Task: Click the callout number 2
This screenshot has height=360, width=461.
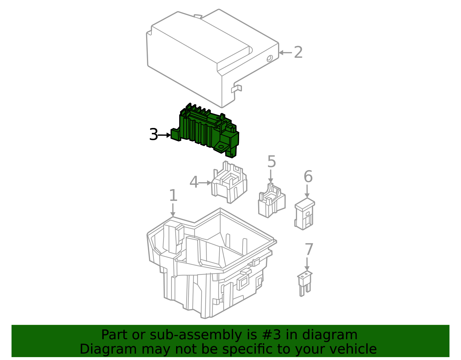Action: tap(298, 52)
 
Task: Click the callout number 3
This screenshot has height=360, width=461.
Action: tap(154, 135)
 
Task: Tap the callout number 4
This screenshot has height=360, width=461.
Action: tap(194, 182)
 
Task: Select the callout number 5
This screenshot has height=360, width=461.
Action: tap(271, 161)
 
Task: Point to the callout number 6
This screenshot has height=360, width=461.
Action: tap(308, 176)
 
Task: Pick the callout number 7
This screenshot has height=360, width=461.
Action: tap(309, 249)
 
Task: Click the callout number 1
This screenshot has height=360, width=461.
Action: tap(173, 195)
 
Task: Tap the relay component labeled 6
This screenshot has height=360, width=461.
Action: tap(305, 214)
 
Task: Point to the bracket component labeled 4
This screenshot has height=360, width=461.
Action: tap(229, 182)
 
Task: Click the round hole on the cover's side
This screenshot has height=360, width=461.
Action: tap(270, 58)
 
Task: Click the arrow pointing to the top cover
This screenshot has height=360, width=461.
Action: tap(285, 53)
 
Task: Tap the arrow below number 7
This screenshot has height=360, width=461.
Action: tap(307, 264)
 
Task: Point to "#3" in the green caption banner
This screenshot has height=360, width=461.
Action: tap(272, 335)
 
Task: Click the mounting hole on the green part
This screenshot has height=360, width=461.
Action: tap(221, 147)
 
